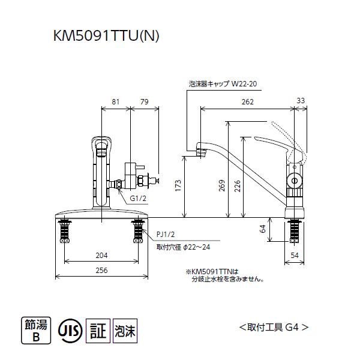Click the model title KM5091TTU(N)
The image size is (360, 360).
tap(106, 36)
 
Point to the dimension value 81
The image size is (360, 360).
tap(116, 101)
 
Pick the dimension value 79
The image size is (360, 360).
tap(144, 101)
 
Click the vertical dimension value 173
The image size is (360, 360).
tap(178, 187)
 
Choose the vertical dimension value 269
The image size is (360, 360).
tap(221, 187)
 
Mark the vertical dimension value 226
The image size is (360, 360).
tap(238, 187)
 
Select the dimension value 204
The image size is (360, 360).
tap(101, 254)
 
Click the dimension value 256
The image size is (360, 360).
tap(101, 271)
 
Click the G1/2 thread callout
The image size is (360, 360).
tap(138, 197)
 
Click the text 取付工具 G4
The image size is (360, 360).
tap(274, 328)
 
